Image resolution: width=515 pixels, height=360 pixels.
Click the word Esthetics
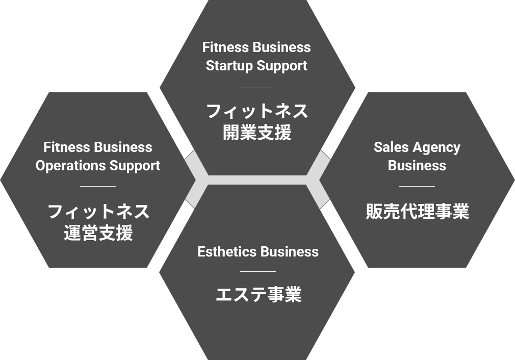click(227, 252)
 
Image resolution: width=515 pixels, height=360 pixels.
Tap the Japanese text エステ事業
click(258, 295)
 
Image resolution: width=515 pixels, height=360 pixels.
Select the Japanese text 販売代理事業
click(417, 211)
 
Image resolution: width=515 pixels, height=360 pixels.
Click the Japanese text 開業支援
click(257, 133)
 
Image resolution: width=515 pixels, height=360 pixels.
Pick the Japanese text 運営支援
click(98, 233)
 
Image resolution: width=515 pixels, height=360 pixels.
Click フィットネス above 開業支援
click(257, 111)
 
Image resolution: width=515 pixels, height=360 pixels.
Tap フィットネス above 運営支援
click(98, 211)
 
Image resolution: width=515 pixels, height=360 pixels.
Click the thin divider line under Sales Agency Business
click(417, 187)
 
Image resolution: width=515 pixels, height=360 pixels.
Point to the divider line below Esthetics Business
click(257, 272)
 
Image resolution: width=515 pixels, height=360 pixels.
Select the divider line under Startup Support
click(256, 88)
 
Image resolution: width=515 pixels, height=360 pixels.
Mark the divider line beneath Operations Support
click(98, 187)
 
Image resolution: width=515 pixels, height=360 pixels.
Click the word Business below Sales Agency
click(417, 166)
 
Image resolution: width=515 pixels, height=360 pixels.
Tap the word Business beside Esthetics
click(289, 252)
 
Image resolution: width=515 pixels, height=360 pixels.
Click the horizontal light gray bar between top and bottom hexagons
click(257, 180)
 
